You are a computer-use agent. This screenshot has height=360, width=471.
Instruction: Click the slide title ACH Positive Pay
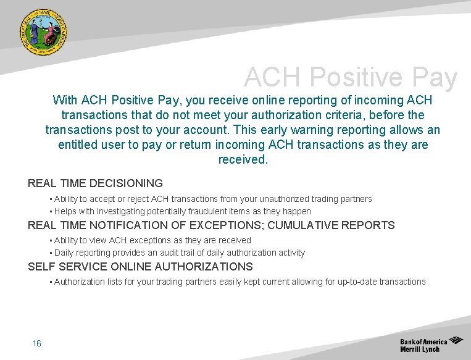tap(350, 78)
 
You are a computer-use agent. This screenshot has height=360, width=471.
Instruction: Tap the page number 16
tap(37, 343)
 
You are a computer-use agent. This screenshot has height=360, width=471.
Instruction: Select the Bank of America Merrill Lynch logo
tap(431, 345)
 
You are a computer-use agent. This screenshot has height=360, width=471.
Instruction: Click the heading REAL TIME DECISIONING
tap(95, 183)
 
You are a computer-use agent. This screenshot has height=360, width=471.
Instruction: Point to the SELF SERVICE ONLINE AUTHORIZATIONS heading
tap(140, 267)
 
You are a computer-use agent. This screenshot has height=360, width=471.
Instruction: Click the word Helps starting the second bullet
tap(65, 211)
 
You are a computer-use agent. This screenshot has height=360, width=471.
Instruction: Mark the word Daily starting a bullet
tap(65, 253)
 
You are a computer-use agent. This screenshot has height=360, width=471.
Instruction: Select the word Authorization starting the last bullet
tap(80, 282)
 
